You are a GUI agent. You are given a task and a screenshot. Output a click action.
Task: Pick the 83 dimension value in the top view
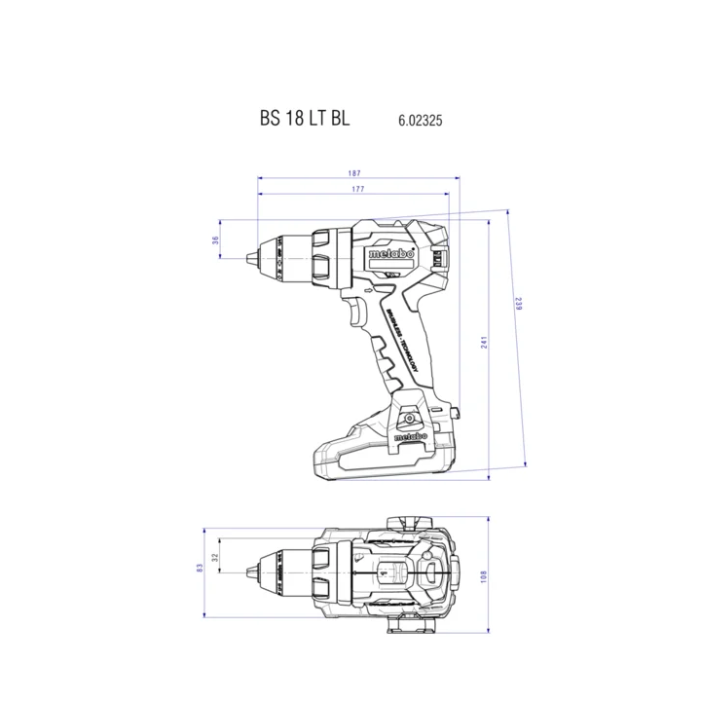tap(199, 567)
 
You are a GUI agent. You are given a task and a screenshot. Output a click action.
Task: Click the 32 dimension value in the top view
tap(215, 558)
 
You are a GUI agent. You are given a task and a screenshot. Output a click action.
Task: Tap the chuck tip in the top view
tap(250, 567)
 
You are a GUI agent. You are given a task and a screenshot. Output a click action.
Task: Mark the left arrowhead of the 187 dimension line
tap(260, 178)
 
